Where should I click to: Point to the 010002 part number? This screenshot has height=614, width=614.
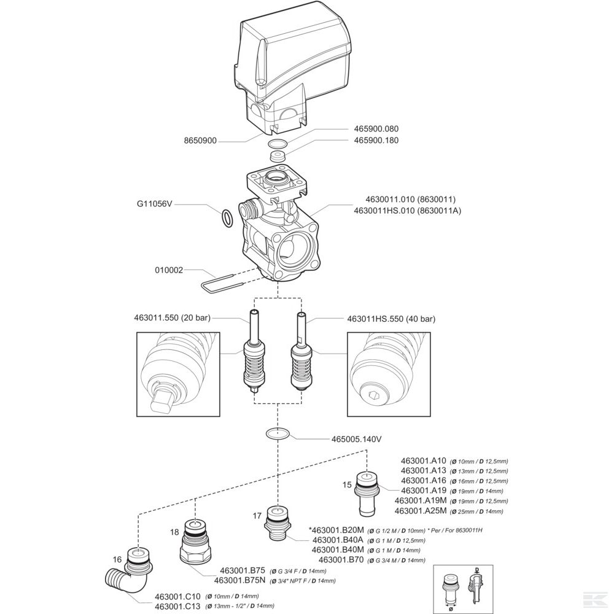[x=167, y=269]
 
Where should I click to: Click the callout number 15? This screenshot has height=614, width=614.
[x=347, y=485]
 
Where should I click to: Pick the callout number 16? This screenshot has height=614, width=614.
[x=118, y=560]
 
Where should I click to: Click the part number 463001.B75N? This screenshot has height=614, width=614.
[x=240, y=580]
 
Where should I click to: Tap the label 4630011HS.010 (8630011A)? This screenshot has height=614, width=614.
[x=407, y=211]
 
